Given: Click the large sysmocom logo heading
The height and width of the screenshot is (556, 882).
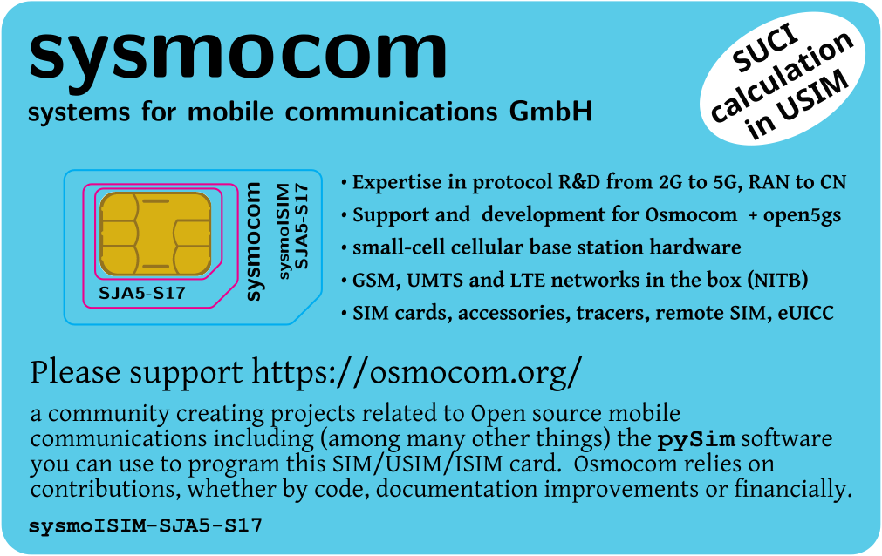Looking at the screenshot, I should click(237, 54).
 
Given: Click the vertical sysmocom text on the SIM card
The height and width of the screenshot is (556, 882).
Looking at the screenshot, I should click(254, 241).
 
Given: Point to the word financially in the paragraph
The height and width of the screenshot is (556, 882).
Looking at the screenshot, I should click(786, 489).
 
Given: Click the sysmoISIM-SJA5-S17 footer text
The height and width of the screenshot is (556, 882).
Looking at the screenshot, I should click(146, 526).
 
